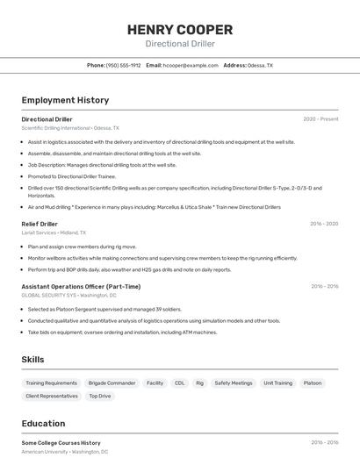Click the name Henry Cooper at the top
(x=180, y=30)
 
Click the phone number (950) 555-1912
(x=123, y=65)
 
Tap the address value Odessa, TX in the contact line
(x=260, y=65)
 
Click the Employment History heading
(x=65, y=101)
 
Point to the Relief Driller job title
(x=40, y=224)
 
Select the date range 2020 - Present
(x=320, y=118)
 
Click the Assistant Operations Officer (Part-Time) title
(x=81, y=286)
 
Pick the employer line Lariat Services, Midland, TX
(x=54, y=232)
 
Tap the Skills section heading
(x=33, y=360)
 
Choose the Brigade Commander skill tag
(x=112, y=383)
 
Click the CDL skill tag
(x=179, y=383)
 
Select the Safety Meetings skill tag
(x=233, y=383)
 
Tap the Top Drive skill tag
(x=99, y=396)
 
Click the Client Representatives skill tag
(x=52, y=396)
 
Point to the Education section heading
(x=43, y=423)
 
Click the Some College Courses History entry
(x=61, y=443)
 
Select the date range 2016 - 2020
(x=324, y=224)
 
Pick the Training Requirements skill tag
(x=51, y=383)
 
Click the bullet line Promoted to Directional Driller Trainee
(x=72, y=175)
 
